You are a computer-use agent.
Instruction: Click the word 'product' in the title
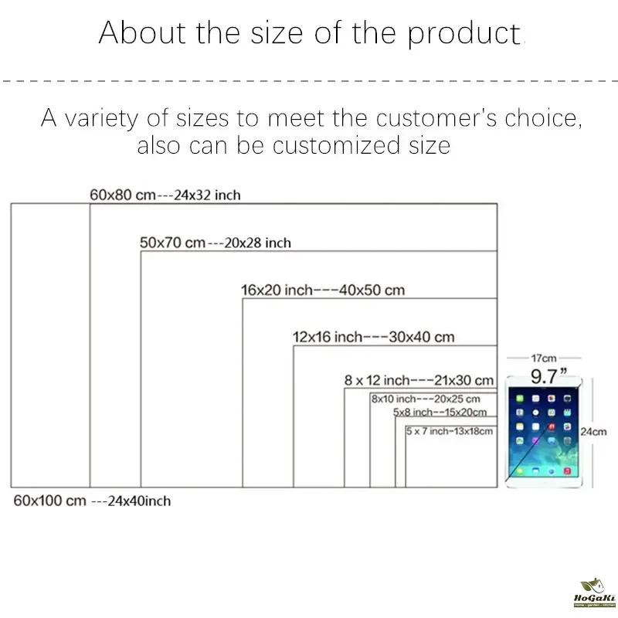(x=464, y=34)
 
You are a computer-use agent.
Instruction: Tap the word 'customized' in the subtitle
(x=336, y=145)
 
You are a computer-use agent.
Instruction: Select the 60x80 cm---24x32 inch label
(x=165, y=195)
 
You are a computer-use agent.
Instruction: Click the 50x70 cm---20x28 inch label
(x=216, y=243)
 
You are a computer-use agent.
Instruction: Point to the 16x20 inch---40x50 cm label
(x=323, y=290)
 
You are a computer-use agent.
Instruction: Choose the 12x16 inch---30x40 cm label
(x=373, y=337)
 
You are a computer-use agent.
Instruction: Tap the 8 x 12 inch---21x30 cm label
(x=419, y=380)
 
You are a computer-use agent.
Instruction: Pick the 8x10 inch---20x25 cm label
(x=426, y=399)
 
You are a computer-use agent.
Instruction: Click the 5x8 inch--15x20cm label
(x=440, y=412)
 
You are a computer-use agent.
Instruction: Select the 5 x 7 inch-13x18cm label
(x=450, y=431)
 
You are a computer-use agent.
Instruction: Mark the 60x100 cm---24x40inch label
(x=92, y=501)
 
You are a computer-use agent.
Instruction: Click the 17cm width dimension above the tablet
(x=544, y=358)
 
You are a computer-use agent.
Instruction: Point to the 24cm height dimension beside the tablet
(x=593, y=432)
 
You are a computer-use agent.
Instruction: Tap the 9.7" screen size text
(x=548, y=376)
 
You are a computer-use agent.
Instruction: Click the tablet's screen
(x=543, y=432)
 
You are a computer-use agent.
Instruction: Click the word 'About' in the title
(x=142, y=32)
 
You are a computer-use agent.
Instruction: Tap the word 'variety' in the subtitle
(x=101, y=118)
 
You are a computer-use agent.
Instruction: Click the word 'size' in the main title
(x=277, y=33)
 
